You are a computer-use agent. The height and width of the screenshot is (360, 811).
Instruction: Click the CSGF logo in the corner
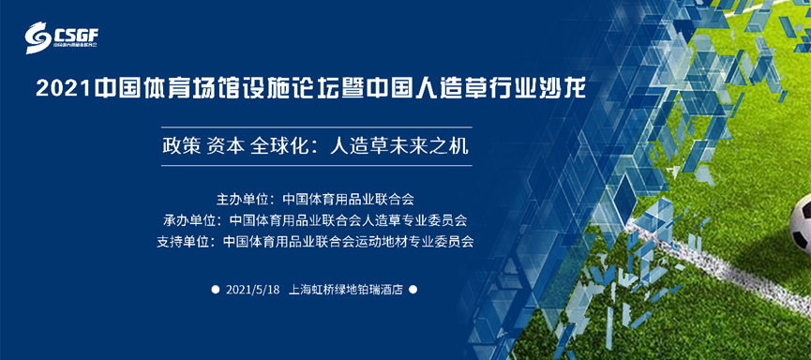coord(62,37)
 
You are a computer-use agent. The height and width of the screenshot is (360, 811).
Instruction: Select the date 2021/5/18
coord(253,290)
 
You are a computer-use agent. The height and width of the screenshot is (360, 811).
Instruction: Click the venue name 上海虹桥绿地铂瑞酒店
coord(346,290)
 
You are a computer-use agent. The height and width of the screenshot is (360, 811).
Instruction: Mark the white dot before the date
coord(215,290)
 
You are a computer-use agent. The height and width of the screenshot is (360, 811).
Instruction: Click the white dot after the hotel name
coord(413,290)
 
